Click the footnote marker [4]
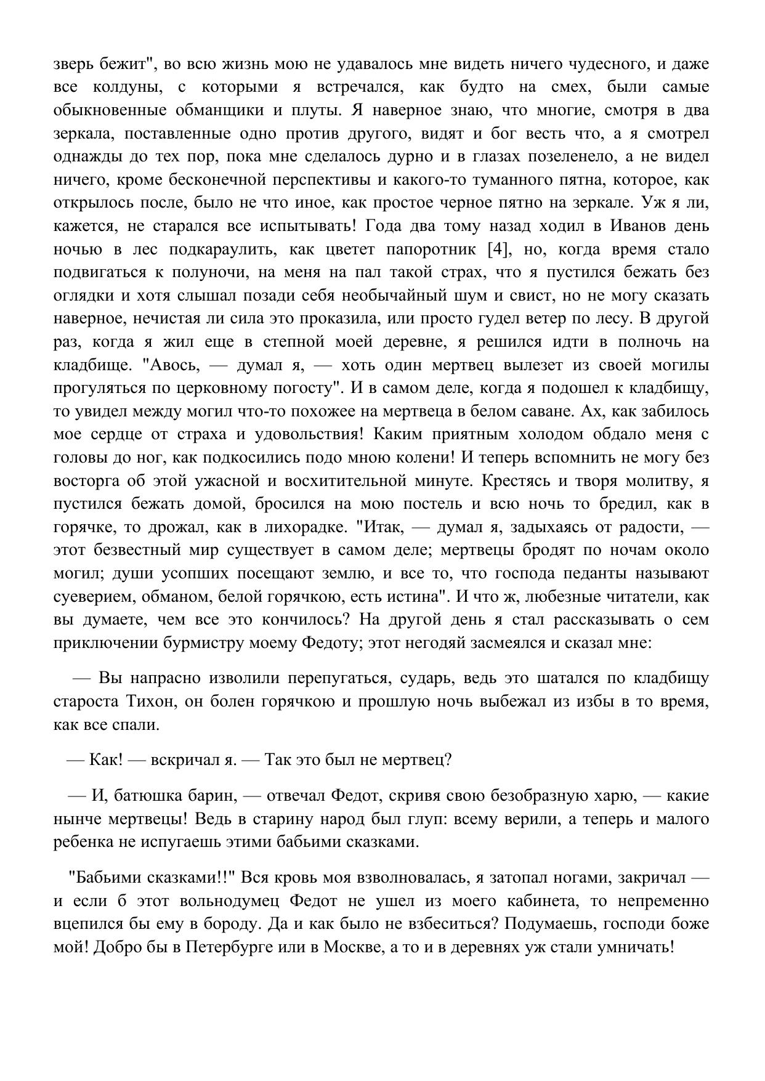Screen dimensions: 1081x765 (498, 249)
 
